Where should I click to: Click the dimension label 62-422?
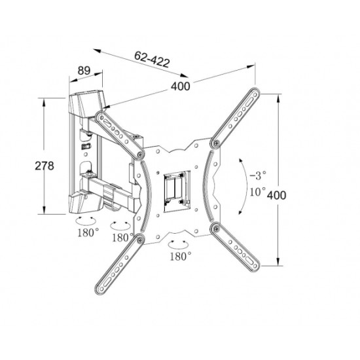(153, 59)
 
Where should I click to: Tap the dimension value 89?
(84, 71)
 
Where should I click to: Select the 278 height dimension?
(45, 166)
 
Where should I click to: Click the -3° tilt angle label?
(258, 175)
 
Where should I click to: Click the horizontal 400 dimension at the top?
(181, 86)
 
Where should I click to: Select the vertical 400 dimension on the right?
(276, 196)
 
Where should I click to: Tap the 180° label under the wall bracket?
(88, 232)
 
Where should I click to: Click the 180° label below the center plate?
(181, 256)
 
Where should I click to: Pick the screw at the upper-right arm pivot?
(216, 143)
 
